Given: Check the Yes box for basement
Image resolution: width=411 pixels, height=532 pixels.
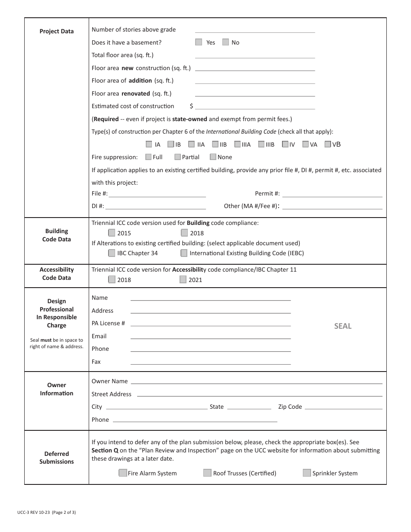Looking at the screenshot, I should [199, 42].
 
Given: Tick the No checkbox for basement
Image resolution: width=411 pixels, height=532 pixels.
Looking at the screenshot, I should [225, 42].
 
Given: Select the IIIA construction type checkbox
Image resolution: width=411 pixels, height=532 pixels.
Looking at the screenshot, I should [238, 144].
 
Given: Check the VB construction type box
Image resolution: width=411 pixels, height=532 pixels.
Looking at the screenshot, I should [328, 144].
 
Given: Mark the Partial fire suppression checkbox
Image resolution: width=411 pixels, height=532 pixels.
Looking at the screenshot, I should [178, 157].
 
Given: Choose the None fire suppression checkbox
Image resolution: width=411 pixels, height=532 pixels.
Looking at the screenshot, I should [213, 157].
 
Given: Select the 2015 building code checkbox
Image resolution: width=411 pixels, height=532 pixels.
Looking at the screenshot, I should [112, 233].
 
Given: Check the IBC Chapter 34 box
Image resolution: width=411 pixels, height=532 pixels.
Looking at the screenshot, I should [112, 253].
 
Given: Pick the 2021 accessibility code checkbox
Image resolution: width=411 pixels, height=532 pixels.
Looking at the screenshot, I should [183, 279].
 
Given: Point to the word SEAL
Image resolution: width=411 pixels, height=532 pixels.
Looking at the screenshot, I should [343, 326].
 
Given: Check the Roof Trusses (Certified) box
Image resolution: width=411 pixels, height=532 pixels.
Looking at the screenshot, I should [207, 473].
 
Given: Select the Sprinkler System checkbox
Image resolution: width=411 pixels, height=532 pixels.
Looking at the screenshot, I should [307, 473].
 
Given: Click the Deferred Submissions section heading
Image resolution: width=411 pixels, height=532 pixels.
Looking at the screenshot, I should [57, 458].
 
